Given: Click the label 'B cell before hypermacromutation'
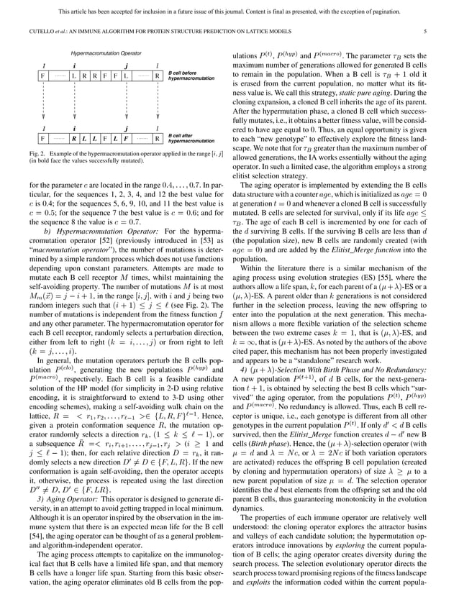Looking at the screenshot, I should click(x=191, y=76).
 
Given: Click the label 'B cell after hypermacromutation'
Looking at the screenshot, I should click(x=191, y=137).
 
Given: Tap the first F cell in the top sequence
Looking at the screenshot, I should click(x=42, y=76).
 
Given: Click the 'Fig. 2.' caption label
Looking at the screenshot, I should click(x=47, y=155).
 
